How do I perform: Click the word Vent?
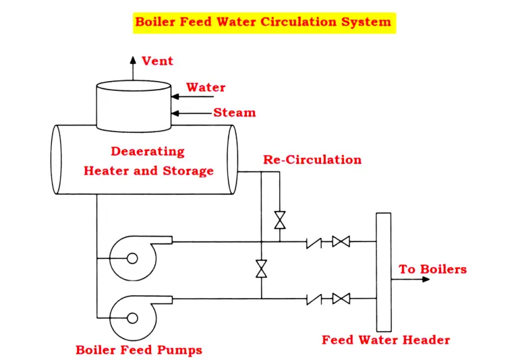[158, 61]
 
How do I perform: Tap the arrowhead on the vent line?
[133, 60]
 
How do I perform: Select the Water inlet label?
[206, 88]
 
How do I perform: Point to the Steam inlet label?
[235, 113]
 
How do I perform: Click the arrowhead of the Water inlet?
[175, 96]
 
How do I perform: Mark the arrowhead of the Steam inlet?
[175, 113]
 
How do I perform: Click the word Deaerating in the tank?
[148, 151]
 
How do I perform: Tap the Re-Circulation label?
[312, 160]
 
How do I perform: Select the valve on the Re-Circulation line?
[280, 220]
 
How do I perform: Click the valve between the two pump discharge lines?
[261, 269]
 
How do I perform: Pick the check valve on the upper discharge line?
[314, 243]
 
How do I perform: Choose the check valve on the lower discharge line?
[314, 299]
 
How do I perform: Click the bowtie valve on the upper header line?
[341, 241]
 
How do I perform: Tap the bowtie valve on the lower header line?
[341, 299]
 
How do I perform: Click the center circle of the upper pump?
[132, 258]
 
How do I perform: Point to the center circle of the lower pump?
[132, 318]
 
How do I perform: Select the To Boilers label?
[433, 269]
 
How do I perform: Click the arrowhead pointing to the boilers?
[426, 279]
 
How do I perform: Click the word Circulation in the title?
[299, 22]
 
